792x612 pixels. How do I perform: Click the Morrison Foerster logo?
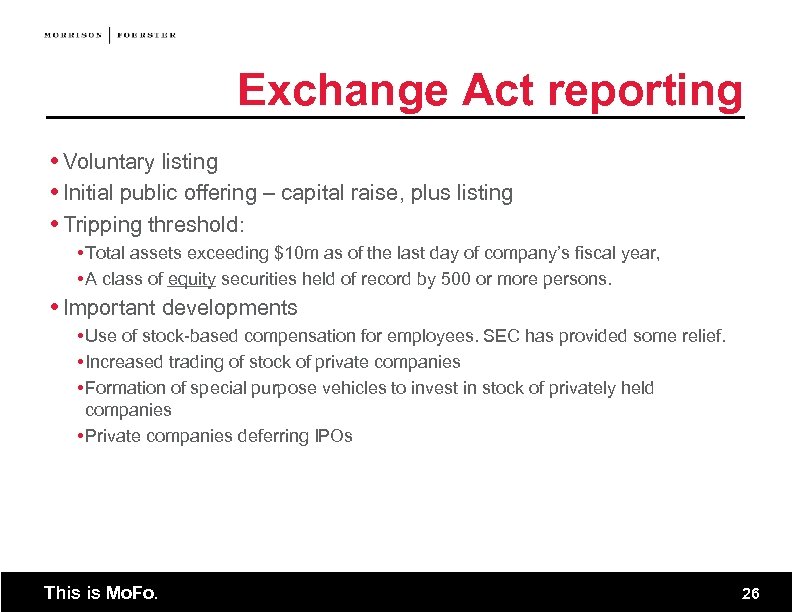pyautogui.click(x=110, y=35)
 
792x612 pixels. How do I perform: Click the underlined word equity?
pyautogui.click(x=192, y=280)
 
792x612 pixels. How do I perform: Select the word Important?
pyautogui.click(x=109, y=308)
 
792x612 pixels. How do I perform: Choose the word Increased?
pyautogui.click(x=123, y=362)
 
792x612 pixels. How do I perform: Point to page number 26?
pyautogui.click(x=750, y=594)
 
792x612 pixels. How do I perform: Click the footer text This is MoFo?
pyautogui.click(x=100, y=593)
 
